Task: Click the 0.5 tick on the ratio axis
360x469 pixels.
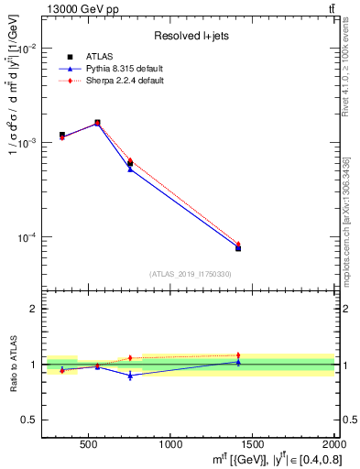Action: coord(32,420)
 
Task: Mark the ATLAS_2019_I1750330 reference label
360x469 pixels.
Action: coord(190,274)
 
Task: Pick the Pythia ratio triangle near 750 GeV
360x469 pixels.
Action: coord(130,376)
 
